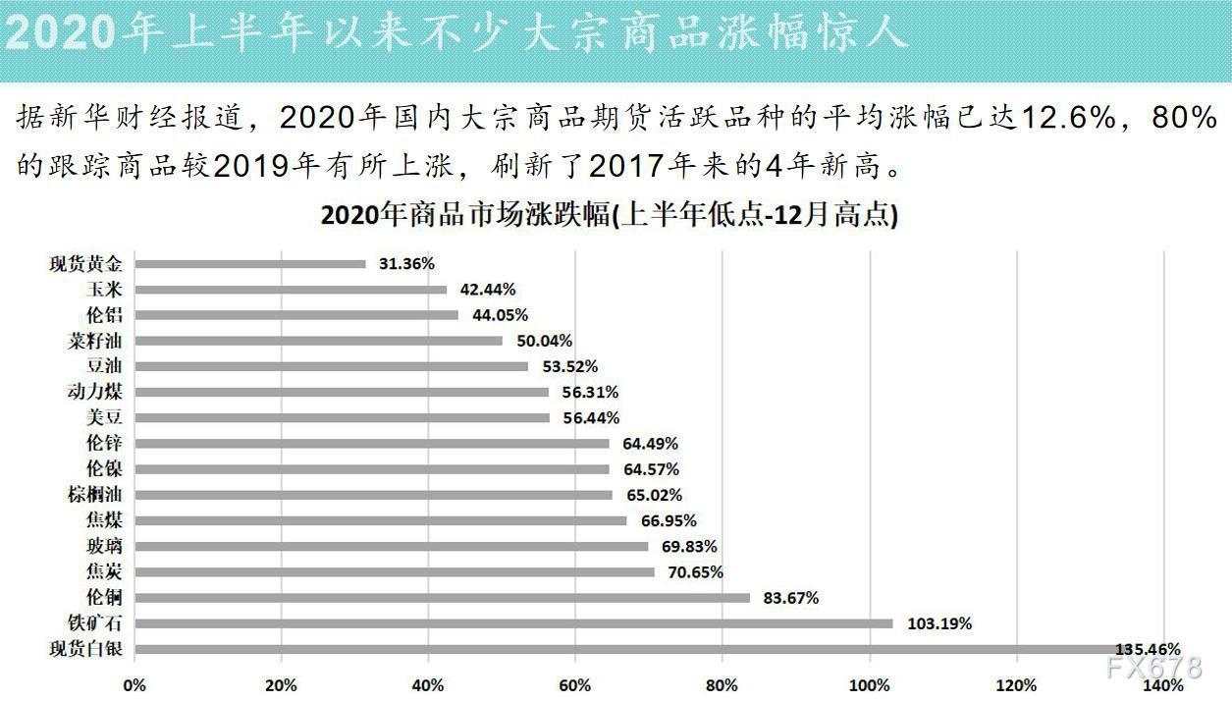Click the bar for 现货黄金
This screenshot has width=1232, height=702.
tap(250, 263)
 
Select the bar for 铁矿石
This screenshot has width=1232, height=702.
tap(513, 622)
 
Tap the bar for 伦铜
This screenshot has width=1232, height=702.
tap(442, 597)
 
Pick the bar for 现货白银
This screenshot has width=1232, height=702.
tap(628, 649)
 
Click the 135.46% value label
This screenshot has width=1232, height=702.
tap(1147, 649)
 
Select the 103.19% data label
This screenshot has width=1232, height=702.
tap(938, 623)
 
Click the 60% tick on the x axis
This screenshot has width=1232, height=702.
tap(575, 684)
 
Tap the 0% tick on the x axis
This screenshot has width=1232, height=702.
tap(134, 684)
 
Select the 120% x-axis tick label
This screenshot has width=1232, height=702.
tap(1016, 684)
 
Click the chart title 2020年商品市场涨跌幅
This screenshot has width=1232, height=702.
tap(609, 216)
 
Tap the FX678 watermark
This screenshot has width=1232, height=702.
tap(1152, 668)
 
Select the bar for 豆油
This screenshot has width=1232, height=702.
tap(331, 366)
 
